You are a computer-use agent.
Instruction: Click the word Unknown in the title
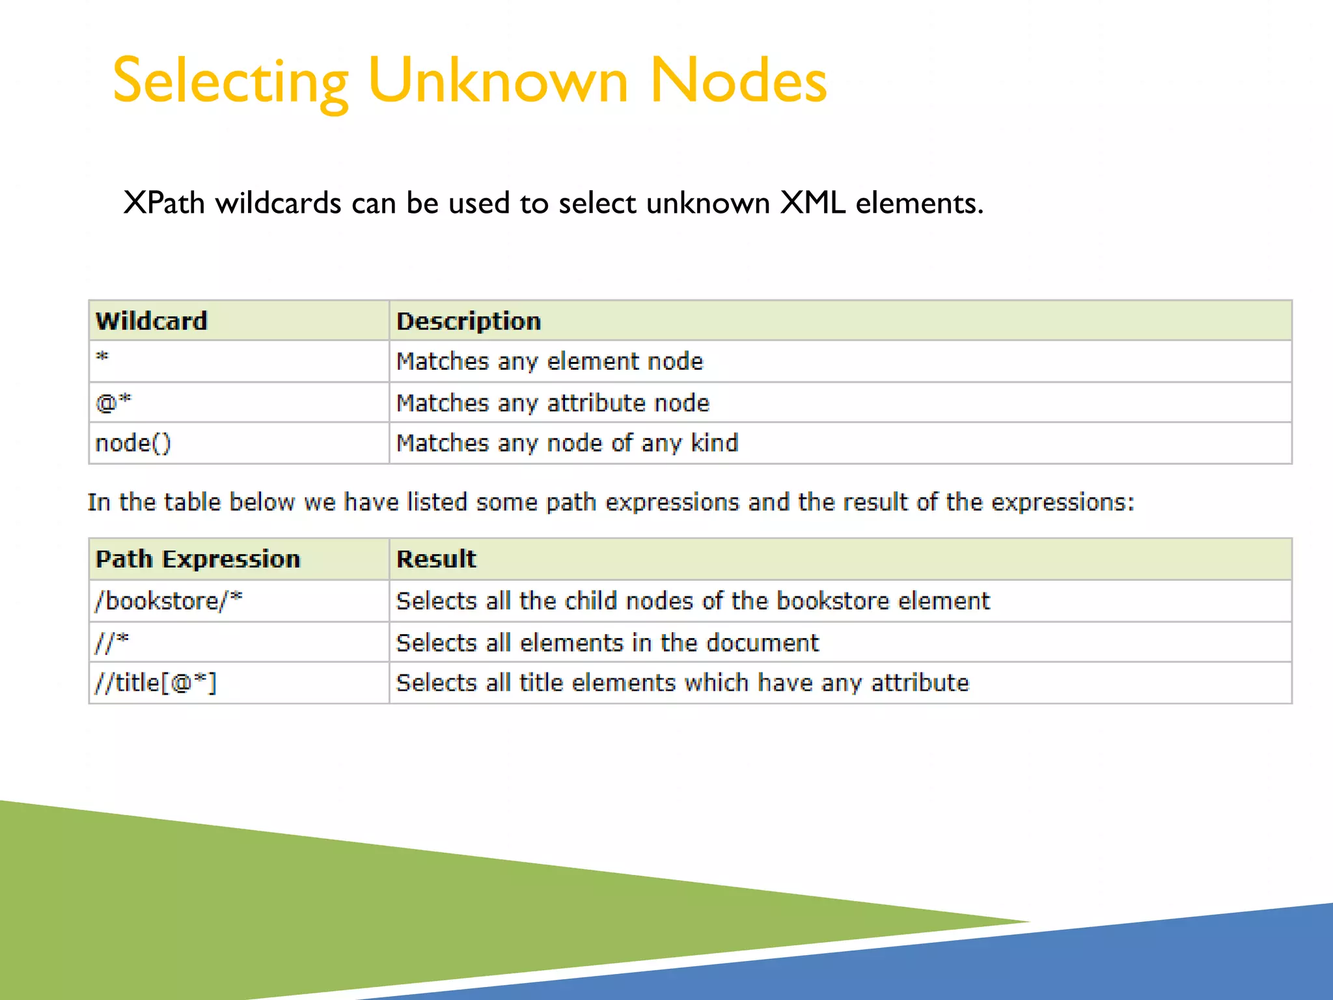point(498,81)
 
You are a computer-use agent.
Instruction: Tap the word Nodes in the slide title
point(738,81)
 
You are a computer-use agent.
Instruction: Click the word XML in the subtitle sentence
point(813,203)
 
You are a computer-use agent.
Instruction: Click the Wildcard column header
point(152,321)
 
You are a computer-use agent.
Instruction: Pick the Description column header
point(469,321)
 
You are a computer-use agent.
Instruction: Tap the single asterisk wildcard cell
point(103,357)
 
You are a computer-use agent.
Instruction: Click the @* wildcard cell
point(113,403)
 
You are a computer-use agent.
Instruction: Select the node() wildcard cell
point(133,443)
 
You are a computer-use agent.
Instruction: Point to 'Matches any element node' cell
point(550,361)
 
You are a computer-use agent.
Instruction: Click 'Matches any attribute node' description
point(553,403)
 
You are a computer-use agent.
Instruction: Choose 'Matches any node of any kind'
point(567,443)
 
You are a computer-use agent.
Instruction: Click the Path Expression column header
point(198,559)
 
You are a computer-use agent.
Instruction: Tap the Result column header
point(436,559)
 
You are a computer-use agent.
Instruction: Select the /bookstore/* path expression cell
point(169,600)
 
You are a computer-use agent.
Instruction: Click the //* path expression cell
point(112,643)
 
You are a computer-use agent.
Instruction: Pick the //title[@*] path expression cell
point(156,683)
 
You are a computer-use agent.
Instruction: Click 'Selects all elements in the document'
point(607,643)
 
